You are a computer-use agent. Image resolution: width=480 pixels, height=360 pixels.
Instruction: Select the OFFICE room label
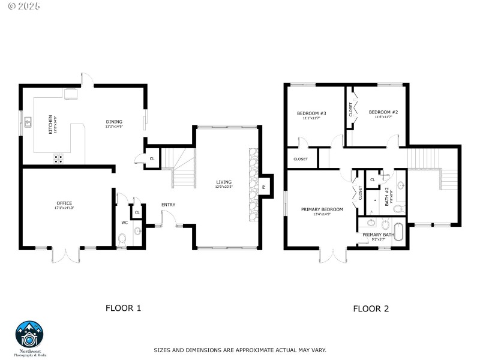click(64, 203)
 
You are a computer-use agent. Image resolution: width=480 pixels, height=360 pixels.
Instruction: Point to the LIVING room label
click(224, 182)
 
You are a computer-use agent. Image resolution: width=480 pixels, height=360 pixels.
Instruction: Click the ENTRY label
click(168, 205)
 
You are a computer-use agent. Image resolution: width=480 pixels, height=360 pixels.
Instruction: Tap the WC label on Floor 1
click(125, 223)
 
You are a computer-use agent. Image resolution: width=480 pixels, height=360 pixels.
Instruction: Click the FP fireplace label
click(263, 187)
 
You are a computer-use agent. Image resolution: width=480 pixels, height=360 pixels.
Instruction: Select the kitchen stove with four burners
click(59, 158)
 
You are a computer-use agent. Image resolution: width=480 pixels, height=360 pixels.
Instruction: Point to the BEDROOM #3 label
click(311, 113)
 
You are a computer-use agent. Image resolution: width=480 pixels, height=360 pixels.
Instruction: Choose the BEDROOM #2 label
click(383, 112)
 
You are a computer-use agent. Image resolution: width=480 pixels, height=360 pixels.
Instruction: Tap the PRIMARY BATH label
click(378, 235)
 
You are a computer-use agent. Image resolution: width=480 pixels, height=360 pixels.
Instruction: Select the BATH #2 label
click(388, 196)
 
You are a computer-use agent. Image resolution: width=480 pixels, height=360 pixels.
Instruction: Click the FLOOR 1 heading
click(123, 308)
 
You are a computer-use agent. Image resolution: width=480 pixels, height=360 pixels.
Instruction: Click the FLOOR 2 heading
click(371, 309)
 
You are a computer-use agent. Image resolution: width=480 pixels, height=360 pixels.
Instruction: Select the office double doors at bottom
click(66, 255)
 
